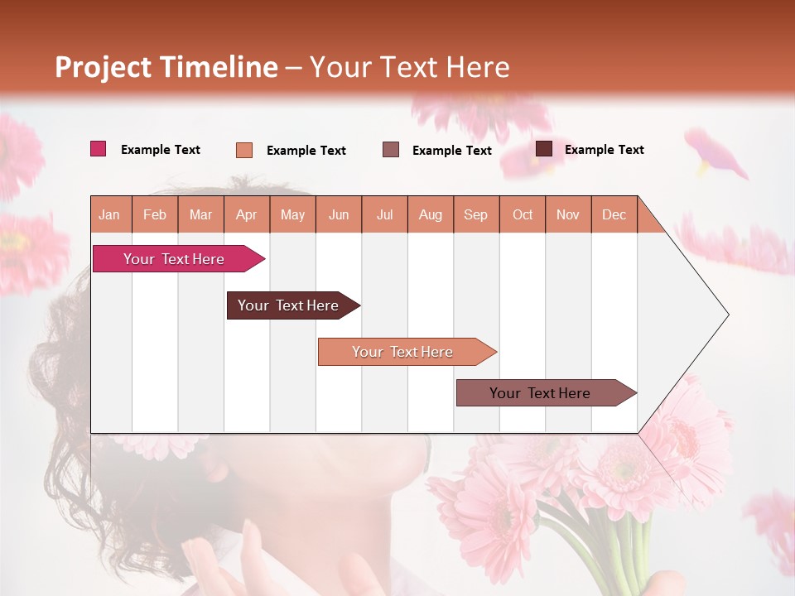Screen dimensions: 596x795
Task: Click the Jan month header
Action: [x=110, y=214]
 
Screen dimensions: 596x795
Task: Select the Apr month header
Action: [x=247, y=214]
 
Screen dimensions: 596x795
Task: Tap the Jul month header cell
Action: [x=384, y=214]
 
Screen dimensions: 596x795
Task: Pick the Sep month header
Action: [x=476, y=214]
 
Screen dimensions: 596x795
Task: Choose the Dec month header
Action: [x=614, y=214]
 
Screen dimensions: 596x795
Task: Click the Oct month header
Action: [x=523, y=214]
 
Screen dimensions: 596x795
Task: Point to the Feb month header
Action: [x=155, y=214]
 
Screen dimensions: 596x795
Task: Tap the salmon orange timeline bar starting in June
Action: [x=403, y=352]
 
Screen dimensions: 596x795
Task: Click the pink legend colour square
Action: [x=99, y=149]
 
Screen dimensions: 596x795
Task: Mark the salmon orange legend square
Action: [x=244, y=150]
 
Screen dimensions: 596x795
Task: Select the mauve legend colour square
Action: [x=391, y=150]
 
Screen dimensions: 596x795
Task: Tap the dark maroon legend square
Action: [x=544, y=149]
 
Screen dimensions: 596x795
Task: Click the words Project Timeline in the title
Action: [x=166, y=67]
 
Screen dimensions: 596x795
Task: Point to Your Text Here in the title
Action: [x=409, y=67]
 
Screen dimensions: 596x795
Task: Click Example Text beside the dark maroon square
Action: [x=604, y=150]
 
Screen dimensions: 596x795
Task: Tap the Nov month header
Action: [x=568, y=214]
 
